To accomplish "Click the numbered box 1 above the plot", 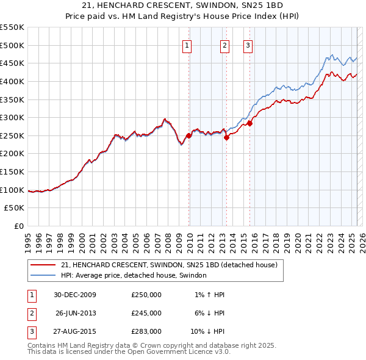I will (187, 45).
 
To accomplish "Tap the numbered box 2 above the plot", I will (224, 45).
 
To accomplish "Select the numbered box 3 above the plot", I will (248, 45).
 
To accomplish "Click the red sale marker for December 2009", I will (189, 136).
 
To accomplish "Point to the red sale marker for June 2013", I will (226, 137).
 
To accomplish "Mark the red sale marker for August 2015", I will (250, 124).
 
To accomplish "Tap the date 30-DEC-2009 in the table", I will (74, 295).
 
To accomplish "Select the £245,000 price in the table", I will (146, 313).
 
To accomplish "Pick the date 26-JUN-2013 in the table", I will (76, 313).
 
